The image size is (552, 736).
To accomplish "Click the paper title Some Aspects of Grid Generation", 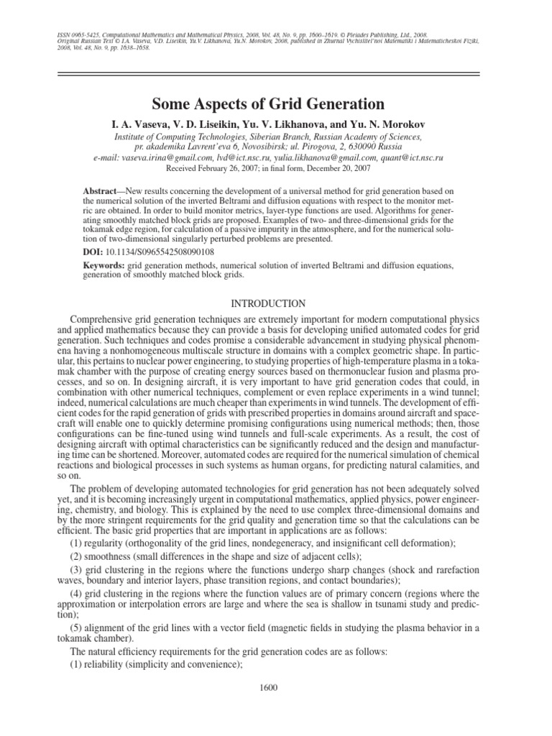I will pos(276,103).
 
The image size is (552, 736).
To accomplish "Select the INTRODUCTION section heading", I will pos(276,303).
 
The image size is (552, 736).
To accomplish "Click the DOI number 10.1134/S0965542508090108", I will pos(163,253).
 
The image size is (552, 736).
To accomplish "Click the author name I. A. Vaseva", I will pos(139,122).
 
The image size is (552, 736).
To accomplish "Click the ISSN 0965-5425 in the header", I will pos(76,34).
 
